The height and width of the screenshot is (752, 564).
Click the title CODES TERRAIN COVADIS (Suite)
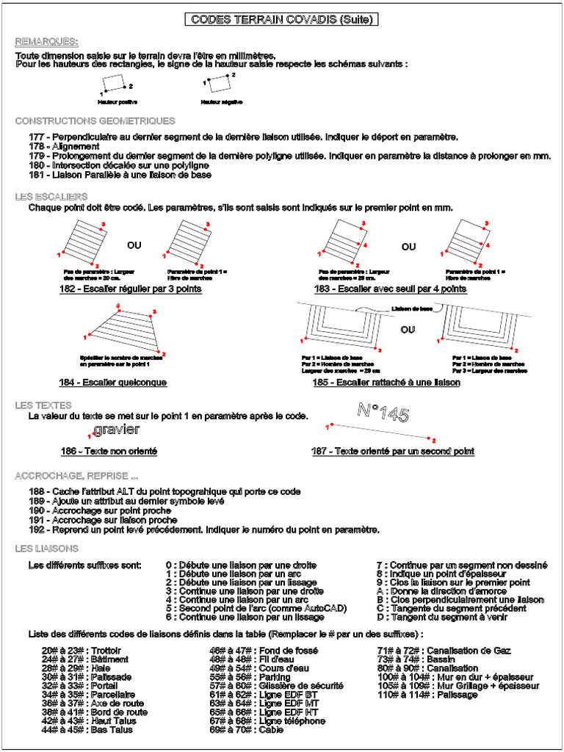281,20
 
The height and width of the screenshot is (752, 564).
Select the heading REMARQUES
47,41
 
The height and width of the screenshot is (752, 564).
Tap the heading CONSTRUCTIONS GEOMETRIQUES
95,121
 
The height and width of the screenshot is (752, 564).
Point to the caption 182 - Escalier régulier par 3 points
130,289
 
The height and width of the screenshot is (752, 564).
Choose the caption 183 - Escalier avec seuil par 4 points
389,289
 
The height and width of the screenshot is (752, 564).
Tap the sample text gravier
117,429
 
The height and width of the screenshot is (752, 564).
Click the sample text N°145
383,413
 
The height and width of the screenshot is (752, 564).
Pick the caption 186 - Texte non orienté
109,451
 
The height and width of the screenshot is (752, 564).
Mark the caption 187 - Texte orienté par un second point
392,451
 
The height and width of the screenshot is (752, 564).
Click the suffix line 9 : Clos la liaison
453,582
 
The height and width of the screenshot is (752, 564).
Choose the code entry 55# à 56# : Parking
250,677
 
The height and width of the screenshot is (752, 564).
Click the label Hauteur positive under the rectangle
117,101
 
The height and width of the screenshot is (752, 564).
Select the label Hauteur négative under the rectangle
222,101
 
